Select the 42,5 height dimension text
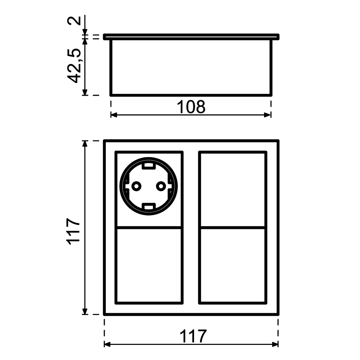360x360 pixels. click(x=75, y=66)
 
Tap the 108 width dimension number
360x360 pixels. click(x=191, y=107)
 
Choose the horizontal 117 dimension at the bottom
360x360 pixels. click(x=193, y=336)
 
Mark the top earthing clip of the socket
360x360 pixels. click(x=148, y=164)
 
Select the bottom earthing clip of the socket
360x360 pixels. click(x=148, y=206)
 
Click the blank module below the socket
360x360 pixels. click(x=149, y=265)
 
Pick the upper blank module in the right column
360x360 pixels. click(x=232, y=190)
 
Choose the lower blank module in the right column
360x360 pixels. click(x=232, y=265)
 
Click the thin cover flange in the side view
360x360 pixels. click(x=192, y=37)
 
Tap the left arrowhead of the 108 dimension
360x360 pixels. click(x=114, y=115)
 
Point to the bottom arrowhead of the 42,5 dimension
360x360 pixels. click(x=85, y=92)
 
